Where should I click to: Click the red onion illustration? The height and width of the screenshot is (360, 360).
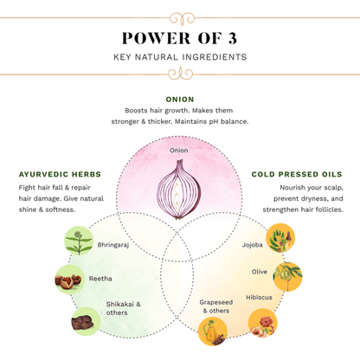pyautogui.click(x=179, y=190)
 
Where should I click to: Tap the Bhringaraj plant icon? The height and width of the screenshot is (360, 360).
pyautogui.click(x=79, y=241)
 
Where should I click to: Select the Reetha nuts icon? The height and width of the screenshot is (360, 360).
pyautogui.click(x=69, y=280)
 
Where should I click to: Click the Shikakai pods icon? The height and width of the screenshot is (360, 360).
pyautogui.click(x=86, y=321)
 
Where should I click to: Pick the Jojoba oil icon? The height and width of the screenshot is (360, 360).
pyautogui.click(x=280, y=238)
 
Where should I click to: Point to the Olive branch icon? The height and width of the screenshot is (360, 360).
pyautogui.click(x=287, y=276)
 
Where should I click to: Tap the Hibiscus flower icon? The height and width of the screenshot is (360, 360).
pyautogui.click(x=263, y=323)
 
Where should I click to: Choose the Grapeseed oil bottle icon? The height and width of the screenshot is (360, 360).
pyautogui.click(x=213, y=331)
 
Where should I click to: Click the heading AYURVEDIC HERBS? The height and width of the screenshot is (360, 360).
pyautogui.click(x=60, y=174)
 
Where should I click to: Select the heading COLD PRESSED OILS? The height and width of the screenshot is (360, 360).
pyautogui.click(x=297, y=174)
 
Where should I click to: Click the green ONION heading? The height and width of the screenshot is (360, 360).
pyautogui.click(x=180, y=100)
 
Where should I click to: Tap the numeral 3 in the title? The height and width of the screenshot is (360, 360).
pyautogui.click(x=233, y=38)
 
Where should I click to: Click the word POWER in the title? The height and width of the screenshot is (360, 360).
pyautogui.click(x=157, y=38)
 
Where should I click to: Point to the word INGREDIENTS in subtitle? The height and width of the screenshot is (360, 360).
pyautogui.click(x=215, y=57)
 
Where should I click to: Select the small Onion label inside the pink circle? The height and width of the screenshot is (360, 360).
pyautogui.click(x=179, y=151)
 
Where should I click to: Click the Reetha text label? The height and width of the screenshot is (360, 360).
pyautogui.click(x=100, y=279)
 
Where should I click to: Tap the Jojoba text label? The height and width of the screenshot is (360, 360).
pyautogui.click(x=253, y=245)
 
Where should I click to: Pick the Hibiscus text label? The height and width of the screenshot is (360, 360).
pyautogui.click(x=259, y=297)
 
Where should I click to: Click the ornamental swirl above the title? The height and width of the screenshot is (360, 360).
pyautogui.click(x=182, y=18)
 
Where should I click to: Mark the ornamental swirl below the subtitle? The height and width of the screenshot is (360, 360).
pyautogui.click(x=180, y=74)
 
